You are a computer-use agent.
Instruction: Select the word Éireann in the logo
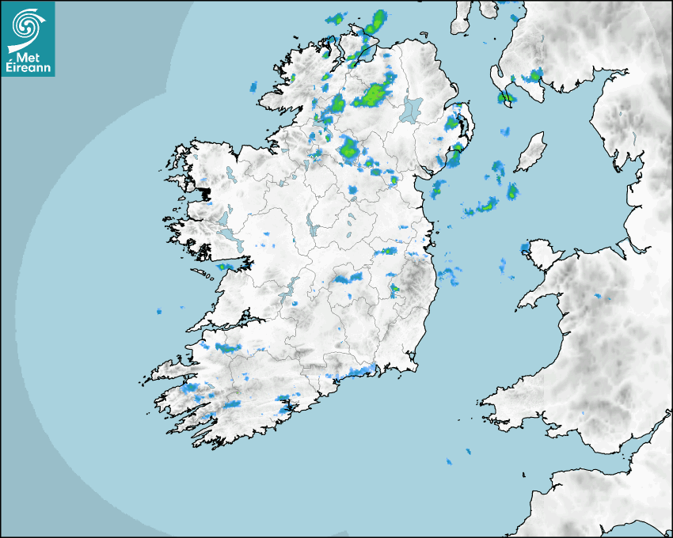(29, 69)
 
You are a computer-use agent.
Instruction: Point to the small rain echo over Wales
(599, 296)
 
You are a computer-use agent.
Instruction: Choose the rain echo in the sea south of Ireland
(447, 460)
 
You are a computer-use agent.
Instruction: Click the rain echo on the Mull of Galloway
(504, 98)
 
